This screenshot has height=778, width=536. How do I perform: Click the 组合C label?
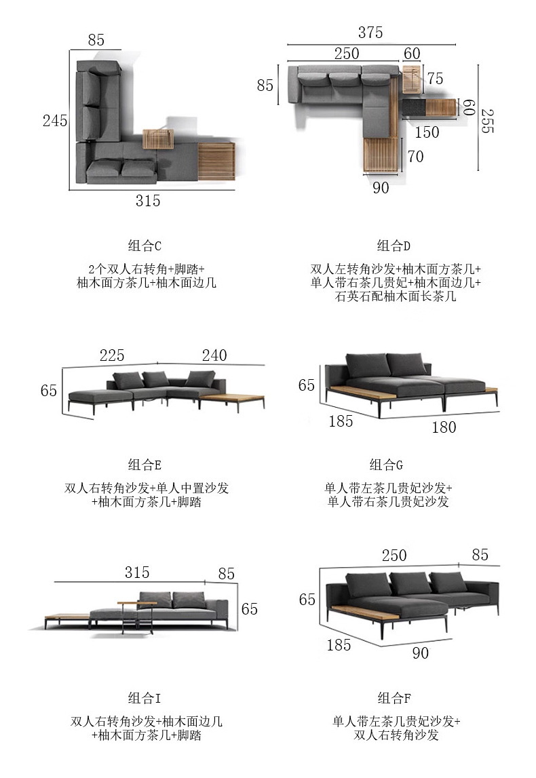[x=145, y=246]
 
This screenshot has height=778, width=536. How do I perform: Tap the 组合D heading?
[x=394, y=246]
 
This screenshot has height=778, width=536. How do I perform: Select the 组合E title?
[x=145, y=465]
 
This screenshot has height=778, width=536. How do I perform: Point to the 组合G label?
[x=387, y=465]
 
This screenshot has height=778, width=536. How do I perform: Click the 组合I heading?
[x=145, y=699]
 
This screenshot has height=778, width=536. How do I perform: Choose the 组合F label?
[x=394, y=699]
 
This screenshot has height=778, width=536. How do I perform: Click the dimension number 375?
[x=370, y=33]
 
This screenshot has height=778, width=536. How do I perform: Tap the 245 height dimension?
[x=55, y=121]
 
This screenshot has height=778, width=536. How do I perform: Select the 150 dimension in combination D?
[x=427, y=133]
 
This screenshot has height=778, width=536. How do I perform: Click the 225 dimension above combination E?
[x=112, y=355]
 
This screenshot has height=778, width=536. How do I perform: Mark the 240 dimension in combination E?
[x=214, y=355]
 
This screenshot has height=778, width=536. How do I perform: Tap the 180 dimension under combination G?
[x=444, y=427]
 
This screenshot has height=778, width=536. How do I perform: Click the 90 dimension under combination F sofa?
[x=421, y=653]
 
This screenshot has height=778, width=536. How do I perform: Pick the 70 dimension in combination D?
[x=415, y=157]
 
